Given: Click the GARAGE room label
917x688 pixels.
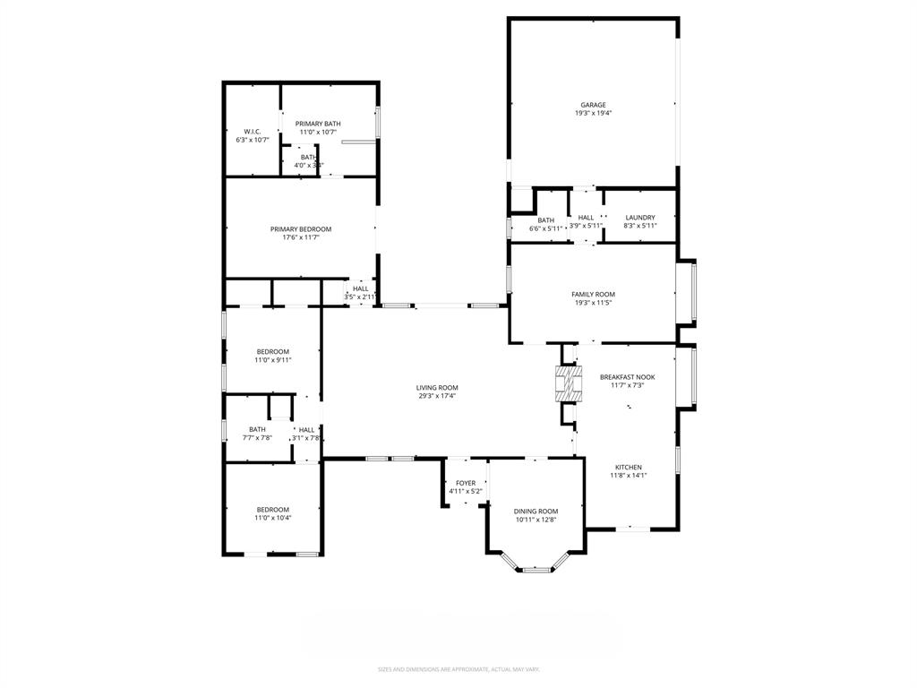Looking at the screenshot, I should [x=593, y=105].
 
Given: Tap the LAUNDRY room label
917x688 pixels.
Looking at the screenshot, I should [x=640, y=218].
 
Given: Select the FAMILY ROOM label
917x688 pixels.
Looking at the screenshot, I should [x=593, y=294].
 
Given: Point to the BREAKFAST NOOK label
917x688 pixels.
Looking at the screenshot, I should [x=627, y=377].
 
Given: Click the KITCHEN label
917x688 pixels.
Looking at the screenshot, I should [x=628, y=468].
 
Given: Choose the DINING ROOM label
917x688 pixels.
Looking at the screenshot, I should [x=536, y=512].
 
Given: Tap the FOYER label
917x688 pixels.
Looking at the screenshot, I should [x=466, y=483].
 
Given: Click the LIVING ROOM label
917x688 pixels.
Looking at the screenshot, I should [x=437, y=388].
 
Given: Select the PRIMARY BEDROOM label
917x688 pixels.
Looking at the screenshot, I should [x=301, y=229].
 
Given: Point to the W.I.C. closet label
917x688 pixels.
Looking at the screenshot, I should [x=252, y=132].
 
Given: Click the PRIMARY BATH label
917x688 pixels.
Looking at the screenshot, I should [x=318, y=124].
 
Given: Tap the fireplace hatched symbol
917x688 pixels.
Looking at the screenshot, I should [x=568, y=383].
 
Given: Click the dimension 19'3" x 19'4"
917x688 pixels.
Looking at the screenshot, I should [x=593, y=114].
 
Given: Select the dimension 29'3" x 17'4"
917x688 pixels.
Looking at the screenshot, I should [x=437, y=396].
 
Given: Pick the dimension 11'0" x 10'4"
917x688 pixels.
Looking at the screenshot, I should [x=273, y=519].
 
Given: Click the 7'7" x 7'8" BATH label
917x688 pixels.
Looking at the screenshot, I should [x=257, y=430].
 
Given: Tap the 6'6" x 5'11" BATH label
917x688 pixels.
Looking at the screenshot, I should [x=546, y=220].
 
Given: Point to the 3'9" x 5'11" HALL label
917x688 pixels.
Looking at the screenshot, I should [x=586, y=218].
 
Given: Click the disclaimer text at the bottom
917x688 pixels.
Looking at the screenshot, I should [x=458, y=669].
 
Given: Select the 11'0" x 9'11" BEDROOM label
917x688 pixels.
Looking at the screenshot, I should [x=273, y=351].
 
